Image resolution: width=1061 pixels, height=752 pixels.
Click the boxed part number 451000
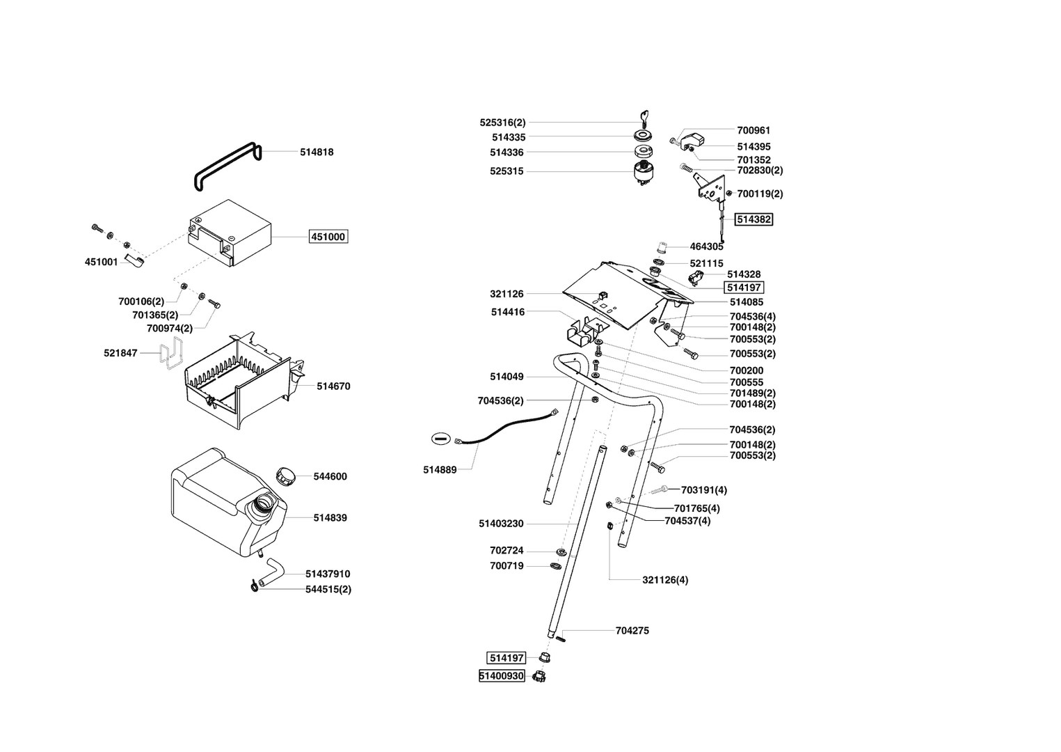pyautogui.click(x=328, y=237)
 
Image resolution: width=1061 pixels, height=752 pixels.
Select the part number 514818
pyautogui.click(x=317, y=152)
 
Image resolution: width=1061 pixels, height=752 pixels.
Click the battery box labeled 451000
pyautogui.click(x=230, y=233)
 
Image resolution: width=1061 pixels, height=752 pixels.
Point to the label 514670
pyautogui.click(x=333, y=386)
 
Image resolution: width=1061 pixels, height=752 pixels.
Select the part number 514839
pyautogui.click(x=330, y=518)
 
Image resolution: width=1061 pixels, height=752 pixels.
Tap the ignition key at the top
pyautogui.click(x=644, y=118)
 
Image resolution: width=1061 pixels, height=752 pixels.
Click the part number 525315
pyautogui.click(x=506, y=171)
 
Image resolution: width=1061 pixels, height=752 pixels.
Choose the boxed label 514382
pyautogui.click(x=754, y=219)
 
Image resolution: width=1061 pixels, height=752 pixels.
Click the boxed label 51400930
pyautogui.click(x=502, y=676)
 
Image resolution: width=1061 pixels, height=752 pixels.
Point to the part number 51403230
pyautogui.click(x=501, y=524)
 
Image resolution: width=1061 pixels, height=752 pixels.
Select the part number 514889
pyautogui.click(x=440, y=470)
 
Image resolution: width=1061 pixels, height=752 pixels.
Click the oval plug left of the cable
pyautogui.click(x=442, y=439)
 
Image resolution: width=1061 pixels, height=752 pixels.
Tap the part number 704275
pyautogui.click(x=632, y=631)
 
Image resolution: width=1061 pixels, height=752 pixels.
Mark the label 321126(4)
pyautogui.click(x=665, y=580)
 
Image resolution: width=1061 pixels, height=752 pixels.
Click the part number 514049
pyautogui.click(x=506, y=377)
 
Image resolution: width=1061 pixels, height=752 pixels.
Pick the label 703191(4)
pyautogui.click(x=704, y=490)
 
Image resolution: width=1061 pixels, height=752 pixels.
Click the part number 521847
pyautogui.click(x=120, y=354)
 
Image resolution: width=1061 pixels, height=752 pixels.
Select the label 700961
pyautogui.click(x=753, y=130)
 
